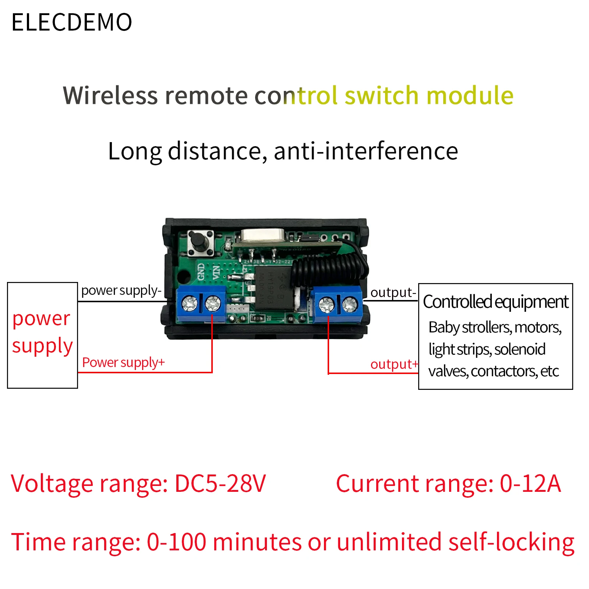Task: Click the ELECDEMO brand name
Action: click(x=72, y=22)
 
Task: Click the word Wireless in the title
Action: click(x=110, y=95)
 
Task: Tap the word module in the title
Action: click(x=470, y=95)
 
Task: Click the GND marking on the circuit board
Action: click(x=201, y=272)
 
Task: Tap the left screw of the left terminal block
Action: click(x=190, y=304)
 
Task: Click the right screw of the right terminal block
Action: click(x=350, y=304)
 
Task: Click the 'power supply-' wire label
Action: click(x=121, y=291)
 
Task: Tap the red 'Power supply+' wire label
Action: click(x=123, y=363)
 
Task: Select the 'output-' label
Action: click(x=393, y=293)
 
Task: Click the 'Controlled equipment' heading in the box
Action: click(x=495, y=302)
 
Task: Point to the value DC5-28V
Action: click(x=220, y=483)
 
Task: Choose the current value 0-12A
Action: click(x=530, y=483)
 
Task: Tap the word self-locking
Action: click(x=511, y=542)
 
